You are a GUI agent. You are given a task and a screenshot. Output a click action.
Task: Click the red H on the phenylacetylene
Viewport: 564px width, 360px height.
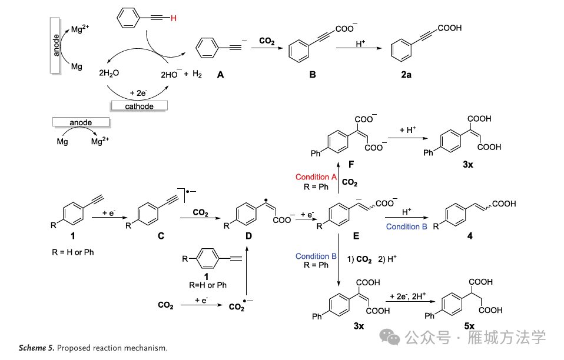click(x=173, y=19)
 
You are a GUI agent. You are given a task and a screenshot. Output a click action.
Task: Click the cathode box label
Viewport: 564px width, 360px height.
click(x=139, y=106)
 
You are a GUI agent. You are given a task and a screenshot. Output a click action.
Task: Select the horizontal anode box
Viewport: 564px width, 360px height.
click(x=81, y=122)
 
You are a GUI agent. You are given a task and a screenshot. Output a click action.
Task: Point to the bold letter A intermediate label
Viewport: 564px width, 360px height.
click(x=220, y=75)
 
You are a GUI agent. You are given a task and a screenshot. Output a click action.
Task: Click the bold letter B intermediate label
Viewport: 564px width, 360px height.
click(x=313, y=75)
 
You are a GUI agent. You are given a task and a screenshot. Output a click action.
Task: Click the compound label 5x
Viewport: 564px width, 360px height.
click(x=469, y=325)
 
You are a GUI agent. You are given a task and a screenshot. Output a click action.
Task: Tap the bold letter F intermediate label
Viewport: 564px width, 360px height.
click(x=351, y=166)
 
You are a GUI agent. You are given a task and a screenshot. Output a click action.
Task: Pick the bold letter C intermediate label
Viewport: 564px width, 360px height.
click(x=160, y=236)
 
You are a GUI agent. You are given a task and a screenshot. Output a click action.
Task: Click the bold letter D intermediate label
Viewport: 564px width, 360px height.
click(x=248, y=236)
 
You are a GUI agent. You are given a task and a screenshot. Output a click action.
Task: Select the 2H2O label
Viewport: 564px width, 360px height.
click(x=109, y=74)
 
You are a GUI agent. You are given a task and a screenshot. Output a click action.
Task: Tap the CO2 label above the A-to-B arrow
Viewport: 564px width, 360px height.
click(x=267, y=41)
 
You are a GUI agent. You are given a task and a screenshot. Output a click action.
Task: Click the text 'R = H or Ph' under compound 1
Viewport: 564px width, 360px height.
click(x=72, y=252)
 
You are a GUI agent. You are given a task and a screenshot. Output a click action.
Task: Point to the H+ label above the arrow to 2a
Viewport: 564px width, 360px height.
click(x=361, y=44)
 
